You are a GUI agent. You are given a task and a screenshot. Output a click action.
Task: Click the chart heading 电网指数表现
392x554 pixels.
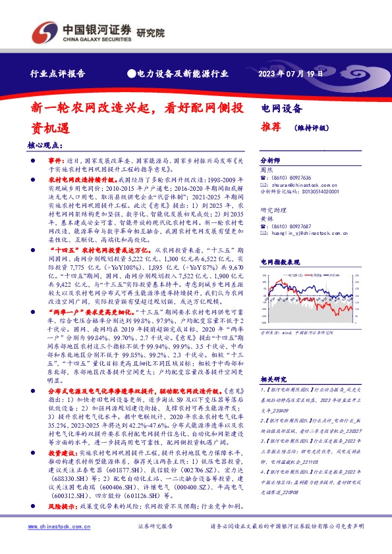click(x=280, y=261)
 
